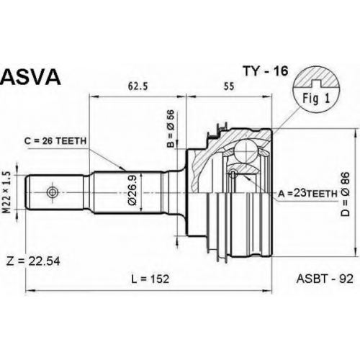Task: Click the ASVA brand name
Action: [x=30, y=77]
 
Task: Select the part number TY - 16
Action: [x=265, y=71]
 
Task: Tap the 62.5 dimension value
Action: [x=138, y=86]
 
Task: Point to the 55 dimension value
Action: [x=229, y=86]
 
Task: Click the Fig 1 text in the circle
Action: [x=316, y=99]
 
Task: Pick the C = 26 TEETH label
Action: [x=55, y=141]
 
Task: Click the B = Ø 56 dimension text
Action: [x=172, y=129]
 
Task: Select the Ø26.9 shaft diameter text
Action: [x=132, y=190]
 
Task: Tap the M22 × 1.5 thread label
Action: [x=7, y=192]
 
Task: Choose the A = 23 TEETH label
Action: [x=307, y=194]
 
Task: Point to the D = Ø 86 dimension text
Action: [x=346, y=194]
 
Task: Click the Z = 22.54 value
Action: [x=33, y=261]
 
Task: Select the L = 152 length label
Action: [x=150, y=279]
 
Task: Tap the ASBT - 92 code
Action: [x=325, y=279]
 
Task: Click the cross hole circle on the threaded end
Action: [x=53, y=192]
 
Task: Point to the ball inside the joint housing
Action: [x=246, y=150]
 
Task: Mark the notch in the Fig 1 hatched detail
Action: [x=316, y=83]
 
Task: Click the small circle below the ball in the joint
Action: [x=233, y=174]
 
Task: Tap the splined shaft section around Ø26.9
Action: [x=127, y=192]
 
